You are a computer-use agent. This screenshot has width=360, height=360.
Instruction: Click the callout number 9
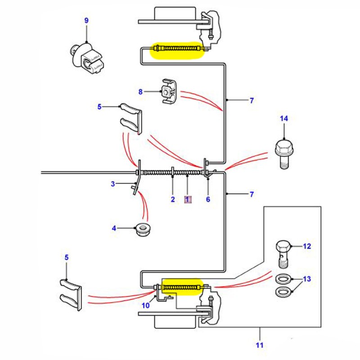click(86, 21)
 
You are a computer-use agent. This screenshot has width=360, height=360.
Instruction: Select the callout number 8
click(140, 92)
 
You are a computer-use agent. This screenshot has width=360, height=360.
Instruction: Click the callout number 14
click(283, 119)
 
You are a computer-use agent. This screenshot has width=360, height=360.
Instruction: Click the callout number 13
click(306, 279)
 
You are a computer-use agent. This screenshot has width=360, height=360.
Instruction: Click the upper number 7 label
click(252, 101)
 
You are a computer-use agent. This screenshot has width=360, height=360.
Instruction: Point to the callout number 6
click(208, 199)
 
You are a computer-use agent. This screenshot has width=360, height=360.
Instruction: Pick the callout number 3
click(113, 184)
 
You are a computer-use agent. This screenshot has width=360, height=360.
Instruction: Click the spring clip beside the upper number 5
click(130, 118)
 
